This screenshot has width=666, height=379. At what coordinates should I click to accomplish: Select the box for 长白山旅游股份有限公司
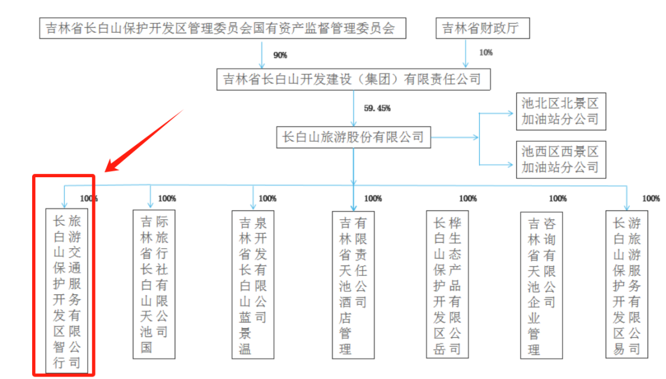(x=353, y=137)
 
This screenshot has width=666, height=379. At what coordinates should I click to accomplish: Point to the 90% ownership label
(x=280, y=56)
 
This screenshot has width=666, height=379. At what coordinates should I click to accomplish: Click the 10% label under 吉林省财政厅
(x=485, y=52)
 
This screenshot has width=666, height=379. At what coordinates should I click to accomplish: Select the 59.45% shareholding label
(x=377, y=108)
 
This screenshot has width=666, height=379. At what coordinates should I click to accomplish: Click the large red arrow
(x=145, y=141)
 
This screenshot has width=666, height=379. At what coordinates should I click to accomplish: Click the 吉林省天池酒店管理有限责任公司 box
(x=353, y=284)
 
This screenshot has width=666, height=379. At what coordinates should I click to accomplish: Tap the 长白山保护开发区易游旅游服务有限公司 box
(x=627, y=284)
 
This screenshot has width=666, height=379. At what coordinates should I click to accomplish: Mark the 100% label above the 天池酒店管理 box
(x=373, y=199)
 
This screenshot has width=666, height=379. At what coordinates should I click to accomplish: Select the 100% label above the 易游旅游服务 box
(x=651, y=199)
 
